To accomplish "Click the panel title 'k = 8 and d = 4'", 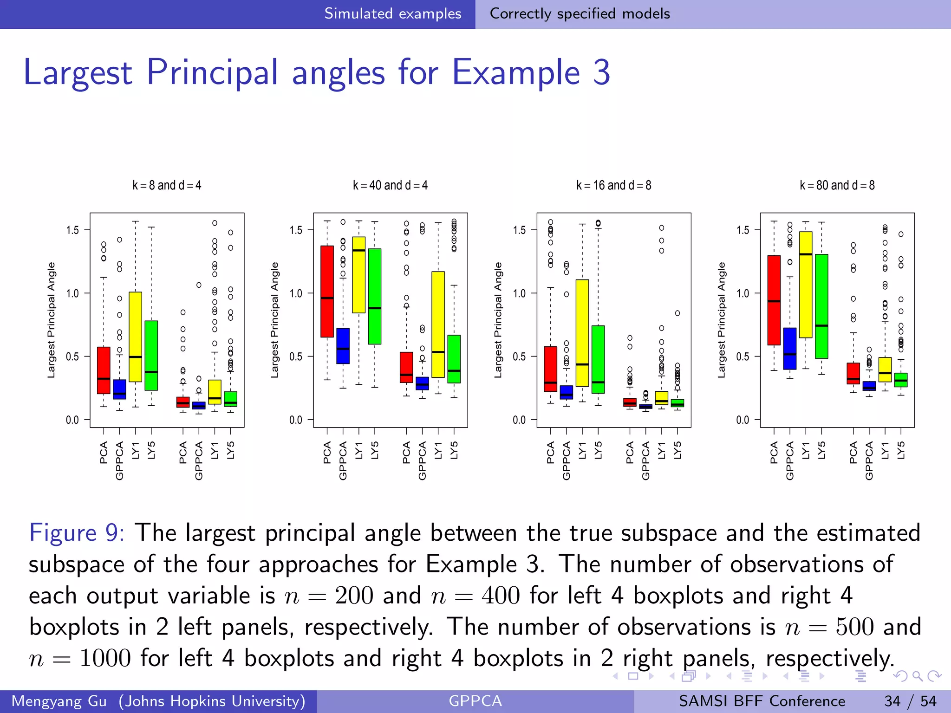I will tap(167, 185).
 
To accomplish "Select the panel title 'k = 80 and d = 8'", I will tap(837, 185).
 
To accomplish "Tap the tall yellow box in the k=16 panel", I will tap(582, 332).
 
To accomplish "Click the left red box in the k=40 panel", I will tap(327, 291).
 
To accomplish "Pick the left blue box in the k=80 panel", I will tap(789, 348).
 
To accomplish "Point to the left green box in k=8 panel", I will tap(151, 355).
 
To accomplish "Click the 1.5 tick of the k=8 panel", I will tap(72, 230).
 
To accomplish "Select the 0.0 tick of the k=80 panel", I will tap(743, 420).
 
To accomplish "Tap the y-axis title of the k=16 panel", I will tap(498, 320).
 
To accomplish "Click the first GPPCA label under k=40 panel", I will tap(343, 460).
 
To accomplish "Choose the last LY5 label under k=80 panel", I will tap(901, 450).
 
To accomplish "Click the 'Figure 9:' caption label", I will tap(77, 532).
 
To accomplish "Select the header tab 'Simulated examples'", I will tap(392, 13).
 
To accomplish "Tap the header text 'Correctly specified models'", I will tap(580, 13).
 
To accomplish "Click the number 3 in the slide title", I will tap(601, 72).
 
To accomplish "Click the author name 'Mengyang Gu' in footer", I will tap(59, 701).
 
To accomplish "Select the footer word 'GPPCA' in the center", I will tap(475, 701).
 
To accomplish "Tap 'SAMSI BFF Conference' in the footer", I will tap(762, 701).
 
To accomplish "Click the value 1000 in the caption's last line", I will tap(105, 658).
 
